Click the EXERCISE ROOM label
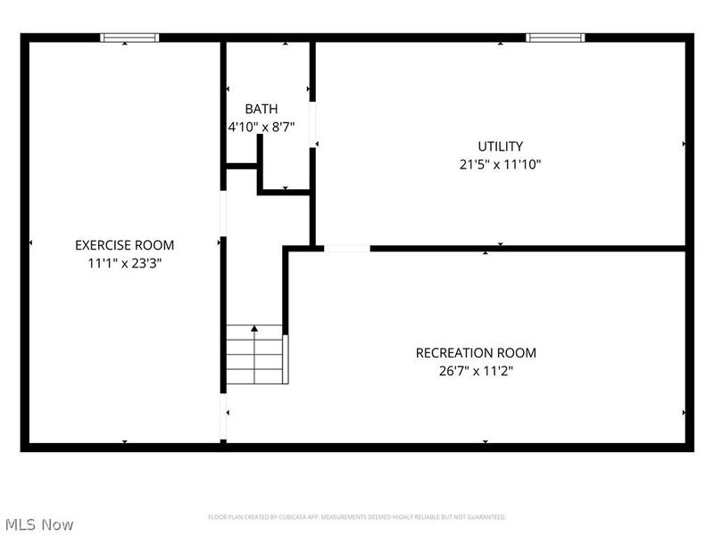124,245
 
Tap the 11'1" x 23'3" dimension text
124,263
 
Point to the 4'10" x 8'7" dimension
261,128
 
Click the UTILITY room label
500,146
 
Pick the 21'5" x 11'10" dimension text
500,164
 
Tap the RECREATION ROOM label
476,353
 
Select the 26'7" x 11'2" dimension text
476,371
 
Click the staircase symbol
256,355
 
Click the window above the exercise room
129,37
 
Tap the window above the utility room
555,37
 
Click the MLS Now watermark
38,524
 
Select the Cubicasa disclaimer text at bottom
357,517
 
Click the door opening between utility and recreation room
346,249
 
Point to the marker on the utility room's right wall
685,144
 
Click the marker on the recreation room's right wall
685,413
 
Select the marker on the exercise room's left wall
30,243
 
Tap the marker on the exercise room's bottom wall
124,441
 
